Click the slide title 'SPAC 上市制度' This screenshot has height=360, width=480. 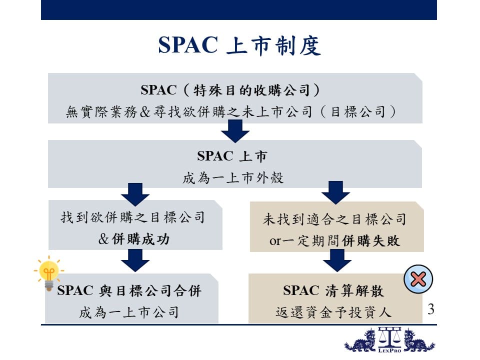click(239, 45)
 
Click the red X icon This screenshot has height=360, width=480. click(418, 279)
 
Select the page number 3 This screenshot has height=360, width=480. click(431, 309)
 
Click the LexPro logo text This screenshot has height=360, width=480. click(389, 350)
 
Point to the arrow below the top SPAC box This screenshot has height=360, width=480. click(235, 131)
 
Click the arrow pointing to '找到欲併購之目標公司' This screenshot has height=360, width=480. click(135, 194)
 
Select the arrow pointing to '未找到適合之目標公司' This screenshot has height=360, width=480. click(336, 192)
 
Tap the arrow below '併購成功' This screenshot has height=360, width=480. click(135, 260)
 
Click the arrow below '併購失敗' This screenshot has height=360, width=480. click(337, 260)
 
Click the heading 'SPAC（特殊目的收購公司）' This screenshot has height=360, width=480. click(230, 90)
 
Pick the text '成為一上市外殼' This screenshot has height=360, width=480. click(233, 178)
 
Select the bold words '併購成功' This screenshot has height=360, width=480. click(140, 239)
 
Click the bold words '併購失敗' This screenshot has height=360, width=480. click(371, 240)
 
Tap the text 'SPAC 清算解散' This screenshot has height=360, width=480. click(333, 290)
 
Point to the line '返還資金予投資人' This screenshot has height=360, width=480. click(333, 312)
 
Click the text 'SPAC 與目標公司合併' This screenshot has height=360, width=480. click(129, 290)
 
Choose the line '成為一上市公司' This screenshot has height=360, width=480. click(129, 312)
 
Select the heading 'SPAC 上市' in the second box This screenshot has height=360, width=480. click(232, 156)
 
